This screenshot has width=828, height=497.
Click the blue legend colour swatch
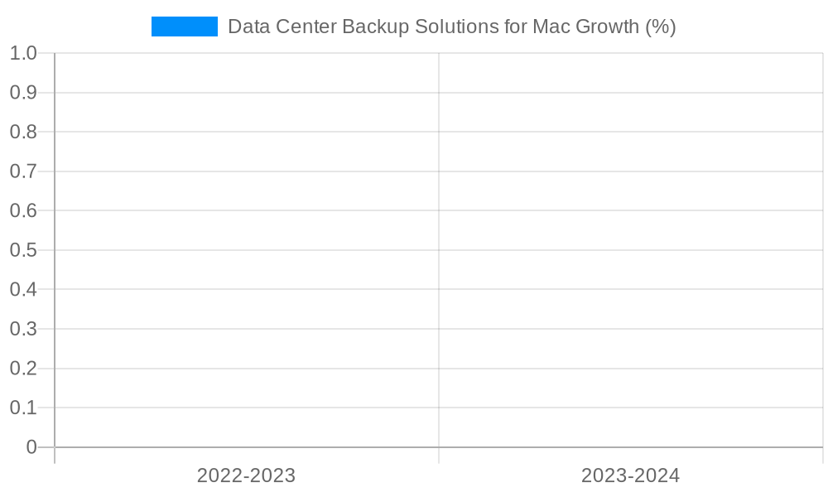point(184,27)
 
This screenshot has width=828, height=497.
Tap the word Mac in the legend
point(549,27)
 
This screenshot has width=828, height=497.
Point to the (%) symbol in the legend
point(661,27)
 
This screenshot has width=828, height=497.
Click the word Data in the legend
point(246,27)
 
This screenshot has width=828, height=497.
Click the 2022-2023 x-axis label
point(246,475)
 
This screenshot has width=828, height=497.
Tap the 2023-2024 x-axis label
point(630,475)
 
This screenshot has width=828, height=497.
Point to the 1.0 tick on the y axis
point(23,53)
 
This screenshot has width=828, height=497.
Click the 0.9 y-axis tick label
point(23,93)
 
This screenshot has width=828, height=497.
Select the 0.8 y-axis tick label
point(23,132)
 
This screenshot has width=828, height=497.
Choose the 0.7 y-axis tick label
point(23,171)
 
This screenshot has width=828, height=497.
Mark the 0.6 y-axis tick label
point(23,210)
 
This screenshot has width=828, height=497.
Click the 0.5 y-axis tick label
point(23,250)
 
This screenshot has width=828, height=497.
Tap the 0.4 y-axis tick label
point(23,289)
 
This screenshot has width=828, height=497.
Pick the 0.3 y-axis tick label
point(23,329)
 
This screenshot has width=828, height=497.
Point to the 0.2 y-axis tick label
point(23,368)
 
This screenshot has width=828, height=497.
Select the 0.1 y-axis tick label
point(23,408)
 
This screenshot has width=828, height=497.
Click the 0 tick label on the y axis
point(31,447)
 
